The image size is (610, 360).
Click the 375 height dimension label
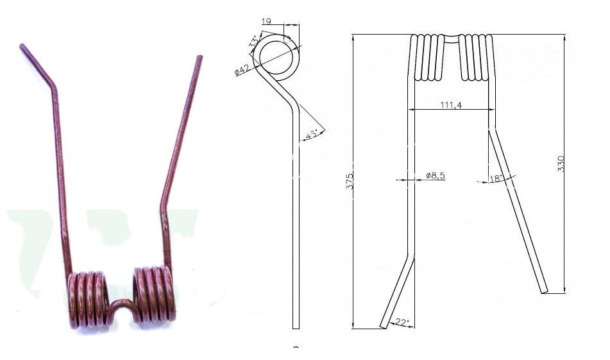350,182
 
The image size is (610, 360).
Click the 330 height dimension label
561,164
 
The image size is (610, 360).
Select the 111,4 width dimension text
452,105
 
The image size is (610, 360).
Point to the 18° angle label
496,179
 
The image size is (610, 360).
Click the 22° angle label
402,323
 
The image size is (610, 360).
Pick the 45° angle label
312,135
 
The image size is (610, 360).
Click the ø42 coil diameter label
242,71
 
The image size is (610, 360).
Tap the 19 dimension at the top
266,21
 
